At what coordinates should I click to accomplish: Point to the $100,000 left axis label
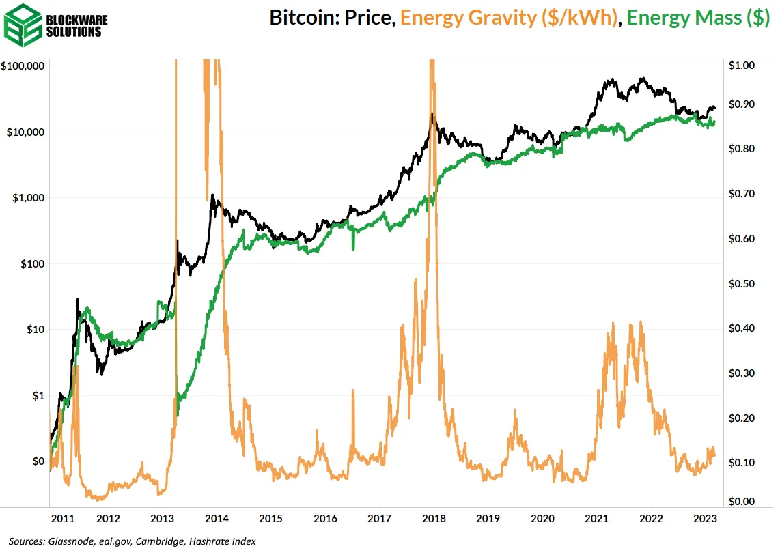[x=23, y=66]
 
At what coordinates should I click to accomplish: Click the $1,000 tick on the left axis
[x=29, y=198]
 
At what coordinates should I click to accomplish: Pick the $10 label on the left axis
[x=35, y=330]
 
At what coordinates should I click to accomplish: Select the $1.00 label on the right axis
[x=742, y=66]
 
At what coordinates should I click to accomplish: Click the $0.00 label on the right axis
[x=742, y=502]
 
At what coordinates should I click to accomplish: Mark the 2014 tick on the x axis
[x=217, y=519]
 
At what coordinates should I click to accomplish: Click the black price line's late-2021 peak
[x=642, y=78]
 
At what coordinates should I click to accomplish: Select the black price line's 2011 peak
[x=78, y=299]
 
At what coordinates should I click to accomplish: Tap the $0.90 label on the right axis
[x=742, y=104]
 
